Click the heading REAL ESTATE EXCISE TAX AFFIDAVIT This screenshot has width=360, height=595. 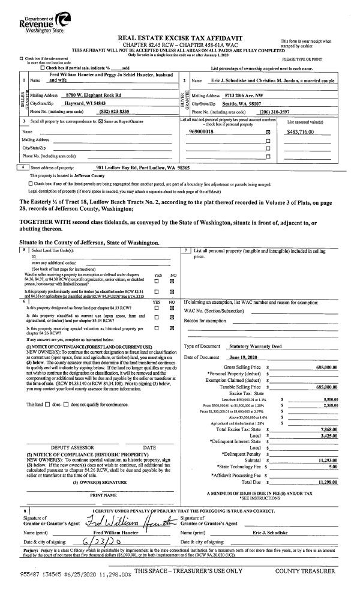[180, 37]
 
